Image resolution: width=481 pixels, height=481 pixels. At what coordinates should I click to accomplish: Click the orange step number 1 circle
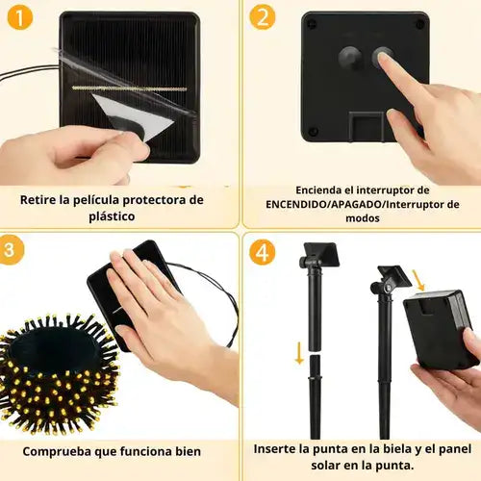point(19,18)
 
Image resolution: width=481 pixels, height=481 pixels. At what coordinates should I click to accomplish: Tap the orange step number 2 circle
point(263,17)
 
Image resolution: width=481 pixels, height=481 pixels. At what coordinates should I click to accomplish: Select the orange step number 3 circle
point(11,249)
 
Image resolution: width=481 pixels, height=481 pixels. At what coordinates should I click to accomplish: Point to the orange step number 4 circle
point(263,253)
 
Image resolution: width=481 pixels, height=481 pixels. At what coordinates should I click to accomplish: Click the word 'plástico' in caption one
point(112,216)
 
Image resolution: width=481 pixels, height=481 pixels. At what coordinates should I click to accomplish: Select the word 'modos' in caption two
point(363,218)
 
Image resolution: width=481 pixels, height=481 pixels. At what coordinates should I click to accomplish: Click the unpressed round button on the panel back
point(349,58)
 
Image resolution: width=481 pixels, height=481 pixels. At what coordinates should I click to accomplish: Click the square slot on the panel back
point(367,127)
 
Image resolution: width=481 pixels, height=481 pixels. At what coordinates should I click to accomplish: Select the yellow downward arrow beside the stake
point(299,353)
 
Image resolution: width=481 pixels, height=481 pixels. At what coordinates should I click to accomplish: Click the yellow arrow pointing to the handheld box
point(418,281)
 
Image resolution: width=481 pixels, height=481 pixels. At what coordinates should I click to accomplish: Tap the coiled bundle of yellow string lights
point(58,372)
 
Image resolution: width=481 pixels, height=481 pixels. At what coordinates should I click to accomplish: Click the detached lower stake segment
point(315,397)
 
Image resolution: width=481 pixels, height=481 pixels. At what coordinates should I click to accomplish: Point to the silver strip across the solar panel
point(129,89)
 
